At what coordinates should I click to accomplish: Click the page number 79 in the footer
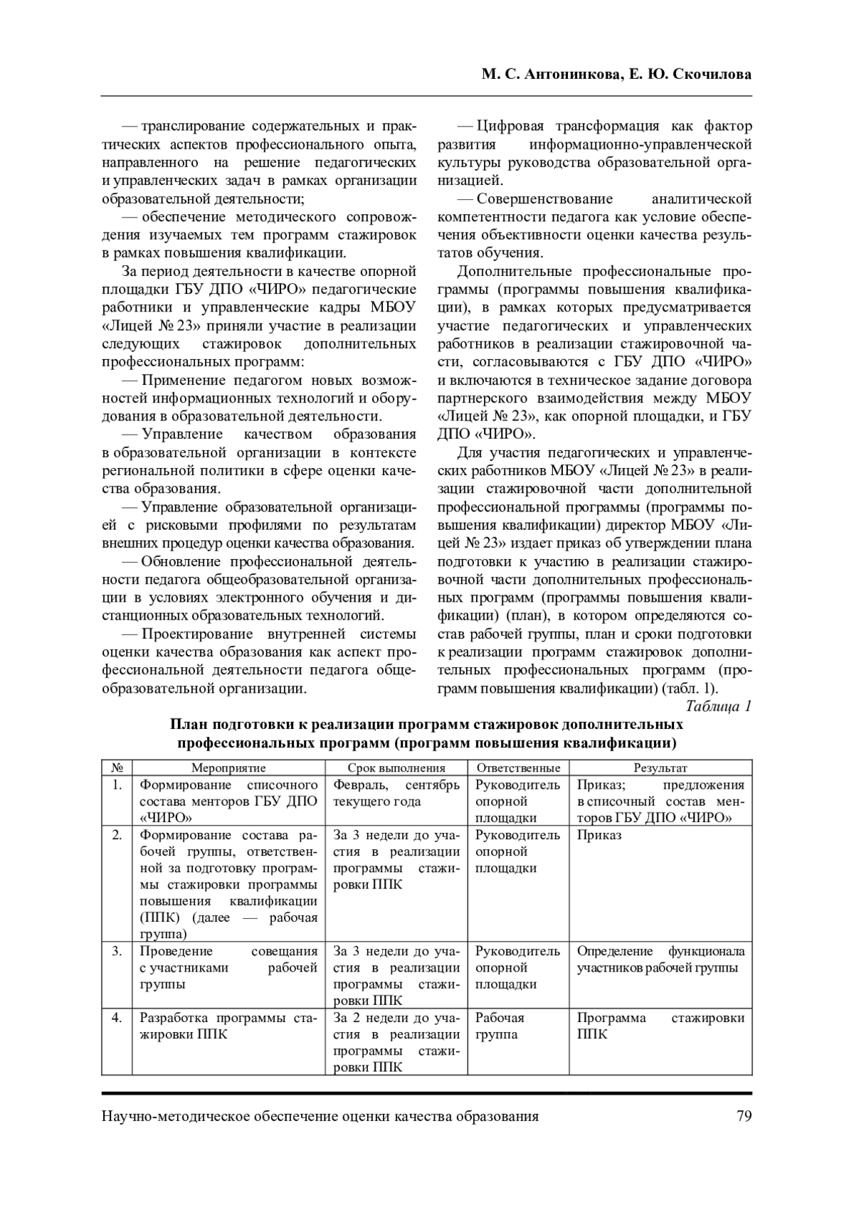click(x=744, y=1116)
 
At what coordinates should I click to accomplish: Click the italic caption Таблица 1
click(x=719, y=706)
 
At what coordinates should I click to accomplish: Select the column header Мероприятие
click(x=228, y=768)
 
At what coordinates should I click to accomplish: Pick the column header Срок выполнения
click(x=396, y=768)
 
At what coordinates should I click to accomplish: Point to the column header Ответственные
click(x=518, y=768)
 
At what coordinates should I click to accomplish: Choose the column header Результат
click(x=660, y=768)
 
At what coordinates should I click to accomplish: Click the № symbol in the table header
click(x=117, y=768)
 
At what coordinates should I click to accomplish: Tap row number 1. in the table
click(x=117, y=785)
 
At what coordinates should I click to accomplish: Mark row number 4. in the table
click(x=117, y=1018)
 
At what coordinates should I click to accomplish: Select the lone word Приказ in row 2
click(x=599, y=835)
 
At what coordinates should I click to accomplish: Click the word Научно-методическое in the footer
click(x=164, y=1116)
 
